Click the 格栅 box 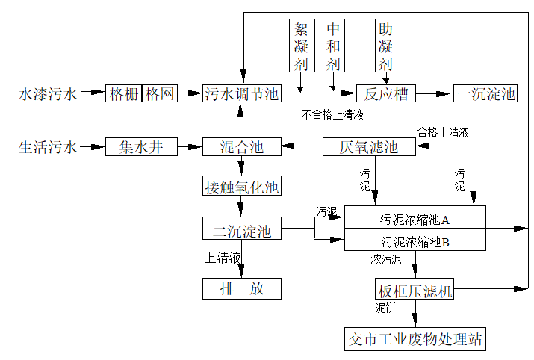tap(123, 93)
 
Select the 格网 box tap(160, 93)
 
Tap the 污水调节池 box tap(242, 93)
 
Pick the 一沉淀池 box tap(485, 93)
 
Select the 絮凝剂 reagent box tap(301, 46)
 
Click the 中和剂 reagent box tap(333, 46)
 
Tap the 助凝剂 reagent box tap(385, 46)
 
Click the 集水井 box tap(141, 147)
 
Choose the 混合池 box tap(242, 147)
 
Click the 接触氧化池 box tap(242, 186)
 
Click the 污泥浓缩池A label tap(415, 220)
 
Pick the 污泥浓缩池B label tap(415, 242)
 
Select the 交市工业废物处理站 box tap(415, 339)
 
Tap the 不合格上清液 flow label tap(332, 114)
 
